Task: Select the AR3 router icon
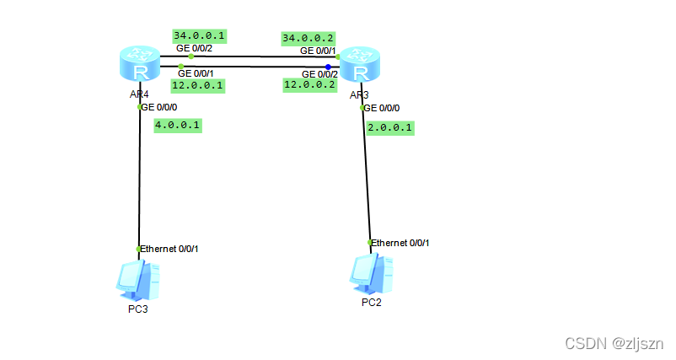coord(360,67)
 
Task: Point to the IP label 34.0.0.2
coord(308,38)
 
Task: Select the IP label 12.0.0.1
coord(196,84)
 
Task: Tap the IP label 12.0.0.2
coord(309,84)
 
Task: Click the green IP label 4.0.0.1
coord(179,125)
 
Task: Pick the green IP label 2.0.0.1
coord(391,127)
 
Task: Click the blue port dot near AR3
coord(328,66)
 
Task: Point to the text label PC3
coord(137,309)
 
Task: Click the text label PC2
coord(371,303)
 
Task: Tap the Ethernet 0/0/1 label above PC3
coord(169,249)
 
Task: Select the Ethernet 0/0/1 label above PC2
coord(401,243)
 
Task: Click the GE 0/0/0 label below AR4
coord(159,107)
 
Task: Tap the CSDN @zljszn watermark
coord(614,344)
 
